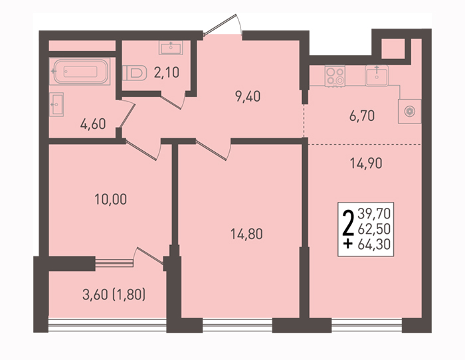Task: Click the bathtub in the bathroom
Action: (x=80, y=72)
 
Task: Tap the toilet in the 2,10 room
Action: (x=134, y=73)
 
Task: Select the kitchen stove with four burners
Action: (x=335, y=76)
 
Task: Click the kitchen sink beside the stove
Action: (x=377, y=76)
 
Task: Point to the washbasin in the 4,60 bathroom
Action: (x=56, y=104)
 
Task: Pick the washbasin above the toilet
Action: (x=171, y=47)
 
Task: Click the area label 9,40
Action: (x=248, y=97)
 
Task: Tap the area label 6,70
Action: (x=362, y=116)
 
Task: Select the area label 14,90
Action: (x=366, y=163)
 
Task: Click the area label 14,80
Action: (x=246, y=234)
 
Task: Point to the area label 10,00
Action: (x=111, y=199)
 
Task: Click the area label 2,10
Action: (x=166, y=72)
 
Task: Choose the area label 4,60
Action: (x=93, y=124)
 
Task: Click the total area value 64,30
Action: (x=374, y=244)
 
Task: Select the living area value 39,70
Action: (x=374, y=213)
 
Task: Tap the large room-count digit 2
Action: (x=348, y=223)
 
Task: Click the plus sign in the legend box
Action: (x=348, y=244)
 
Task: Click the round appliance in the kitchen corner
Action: (x=410, y=111)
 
